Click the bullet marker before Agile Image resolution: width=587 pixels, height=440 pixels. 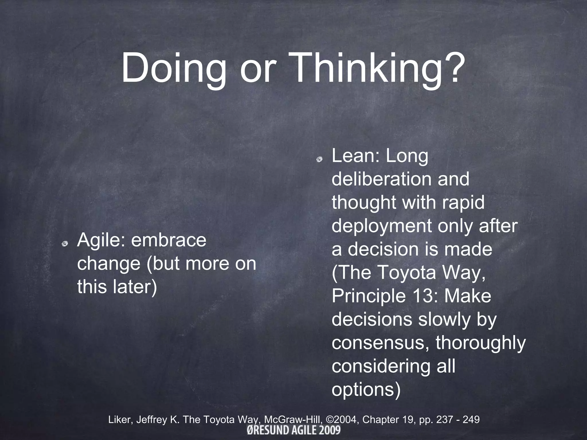pyautogui.click(x=65, y=243)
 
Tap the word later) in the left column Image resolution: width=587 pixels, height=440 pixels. pyautogui.click(x=135, y=286)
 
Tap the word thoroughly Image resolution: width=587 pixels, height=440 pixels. pyautogui.click(x=481, y=343)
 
